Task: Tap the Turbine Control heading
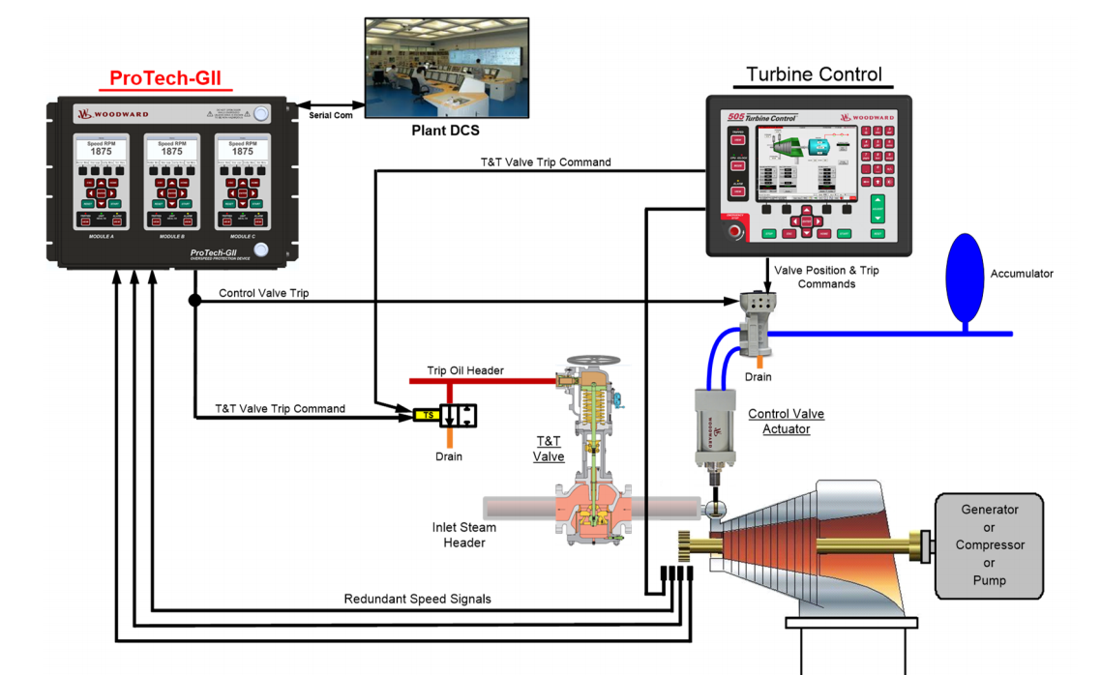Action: [814, 74]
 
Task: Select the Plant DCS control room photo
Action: [446, 68]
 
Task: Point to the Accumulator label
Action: [1021, 274]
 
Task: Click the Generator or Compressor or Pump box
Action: [989, 544]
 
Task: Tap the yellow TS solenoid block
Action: [426, 415]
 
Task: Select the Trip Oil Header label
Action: [465, 370]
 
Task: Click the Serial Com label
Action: [330, 115]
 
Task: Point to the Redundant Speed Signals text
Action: [417, 599]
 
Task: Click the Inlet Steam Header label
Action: [463, 535]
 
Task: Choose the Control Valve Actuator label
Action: [786, 421]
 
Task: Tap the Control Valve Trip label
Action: [263, 292]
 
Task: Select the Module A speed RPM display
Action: [101, 148]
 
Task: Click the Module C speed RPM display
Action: [242, 148]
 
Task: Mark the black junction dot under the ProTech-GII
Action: [194, 301]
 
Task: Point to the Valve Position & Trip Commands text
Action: [826, 277]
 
